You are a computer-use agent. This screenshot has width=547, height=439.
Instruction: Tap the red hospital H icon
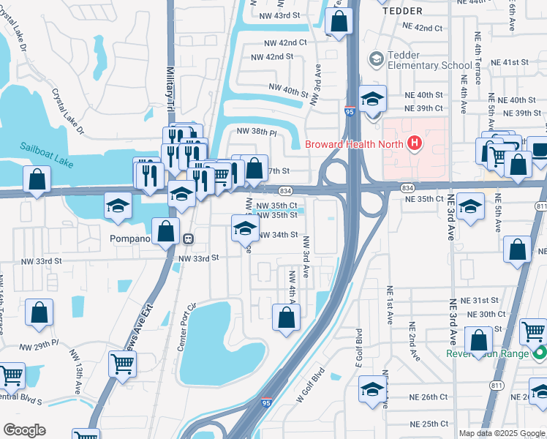pyautogui.click(x=415, y=142)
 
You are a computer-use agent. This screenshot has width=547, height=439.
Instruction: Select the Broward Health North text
pyautogui.click(x=354, y=143)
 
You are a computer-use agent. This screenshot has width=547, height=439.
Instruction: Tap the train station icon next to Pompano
pyautogui.click(x=188, y=239)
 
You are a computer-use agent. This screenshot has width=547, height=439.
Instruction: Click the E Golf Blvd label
pyautogui.click(x=359, y=350)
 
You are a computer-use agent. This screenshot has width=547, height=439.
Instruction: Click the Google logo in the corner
pyautogui.click(x=24, y=430)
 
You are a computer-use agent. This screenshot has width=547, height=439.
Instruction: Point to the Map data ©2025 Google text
pyautogui.click(x=502, y=433)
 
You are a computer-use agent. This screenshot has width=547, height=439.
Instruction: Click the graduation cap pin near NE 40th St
pyautogui.click(x=373, y=99)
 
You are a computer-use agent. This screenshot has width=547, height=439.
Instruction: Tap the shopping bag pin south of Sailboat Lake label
pyautogui.click(x=37, y=179)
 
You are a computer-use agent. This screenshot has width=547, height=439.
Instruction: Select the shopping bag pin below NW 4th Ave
pyautogui.click(x=286, y=318)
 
